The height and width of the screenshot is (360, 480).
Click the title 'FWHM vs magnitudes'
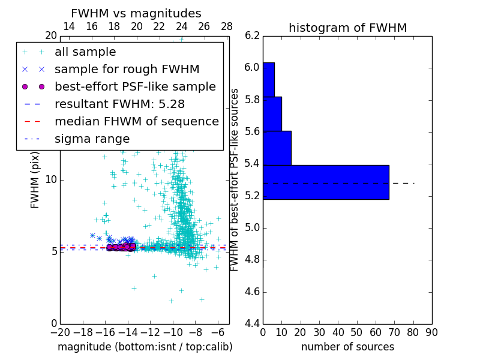click(136, 14)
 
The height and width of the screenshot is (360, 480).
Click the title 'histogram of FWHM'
click(347, 28)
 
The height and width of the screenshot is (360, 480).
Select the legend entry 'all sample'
click(85, 52)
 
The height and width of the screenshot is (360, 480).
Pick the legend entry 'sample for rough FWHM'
click(127, 70)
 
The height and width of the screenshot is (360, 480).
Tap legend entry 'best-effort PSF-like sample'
click(135, 87)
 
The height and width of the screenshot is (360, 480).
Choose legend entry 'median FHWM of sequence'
click(136, 122)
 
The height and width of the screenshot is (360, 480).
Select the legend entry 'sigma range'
click(92, 139)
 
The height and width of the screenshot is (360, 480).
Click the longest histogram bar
click(326, 182)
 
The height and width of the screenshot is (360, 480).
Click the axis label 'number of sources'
click(347, 347)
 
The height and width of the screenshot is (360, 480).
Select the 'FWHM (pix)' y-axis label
click(35, 179)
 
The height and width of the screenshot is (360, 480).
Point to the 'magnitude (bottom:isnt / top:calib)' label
click(145, 347)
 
